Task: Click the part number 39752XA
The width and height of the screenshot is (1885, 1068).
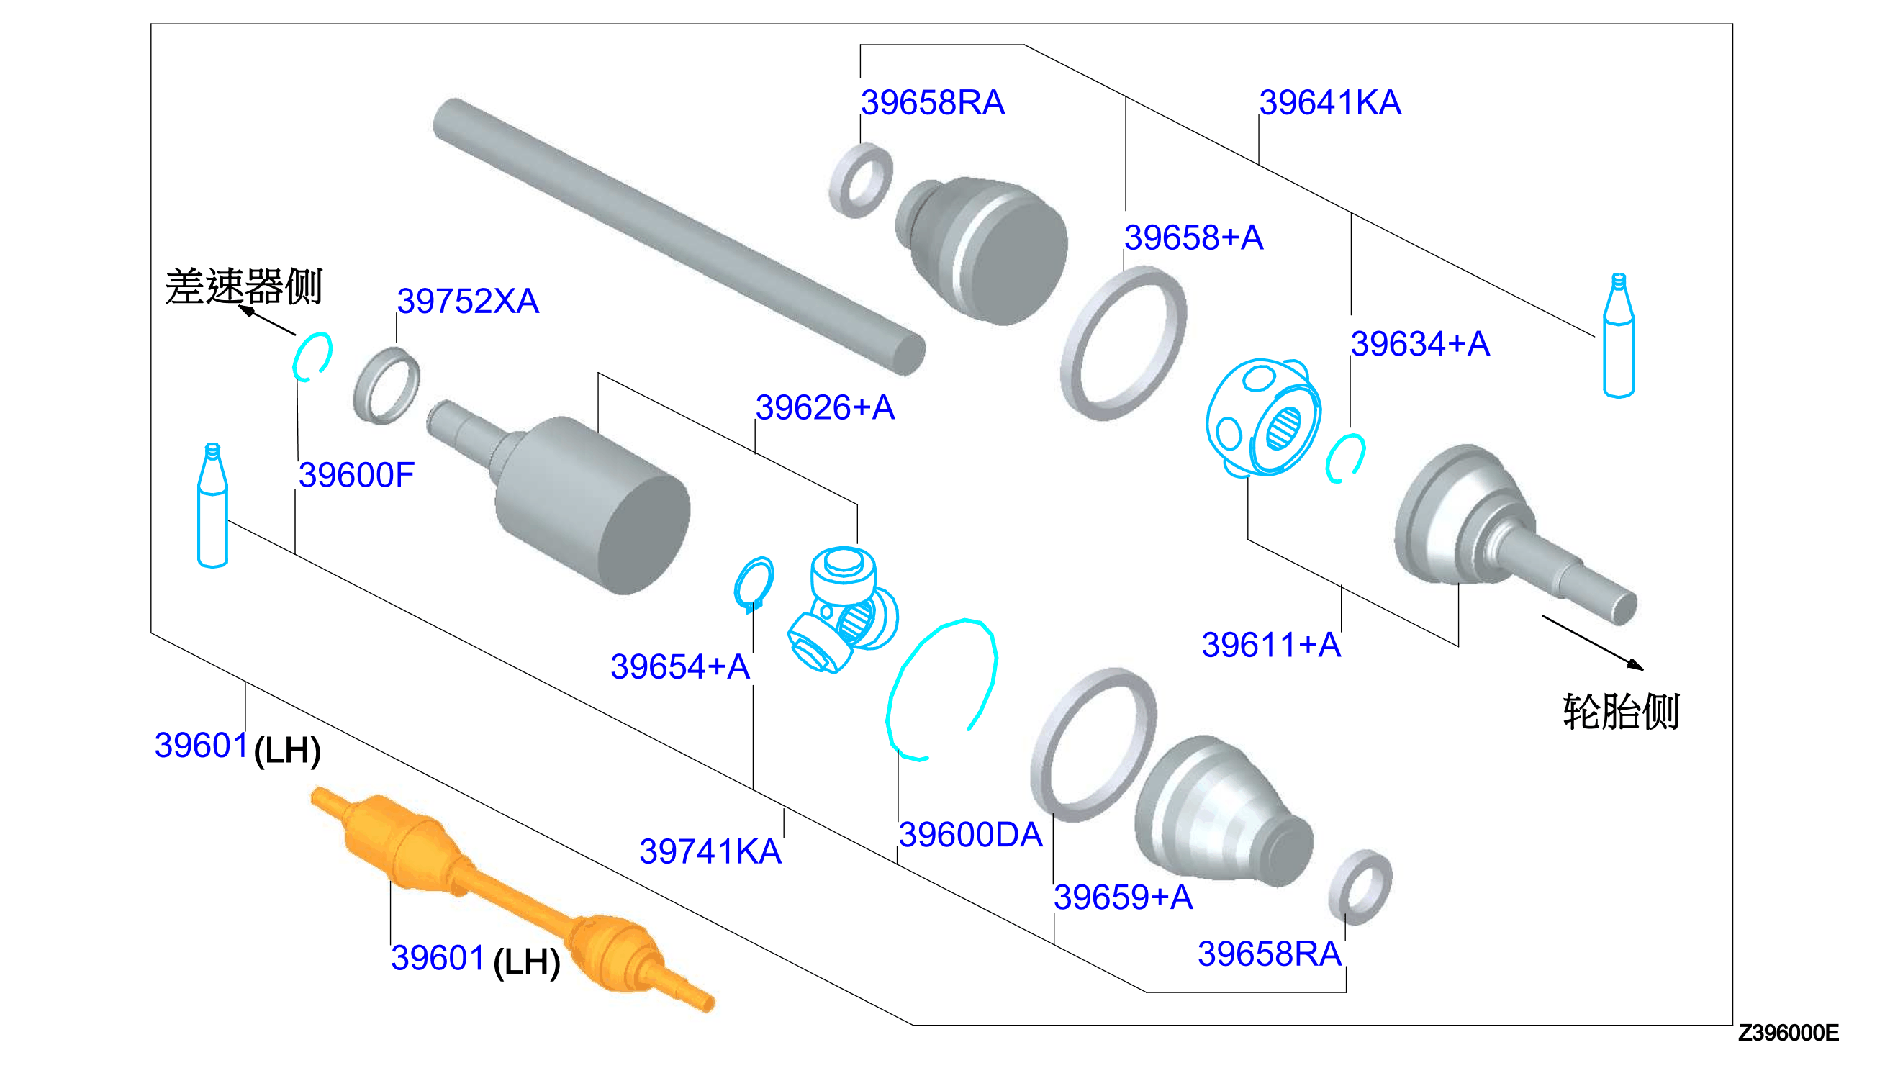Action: (468, 301)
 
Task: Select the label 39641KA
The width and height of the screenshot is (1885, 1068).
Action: (1330, 102)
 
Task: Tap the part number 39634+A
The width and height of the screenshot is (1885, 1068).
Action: (1420, 343)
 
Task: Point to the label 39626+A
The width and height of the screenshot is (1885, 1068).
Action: (825, 407)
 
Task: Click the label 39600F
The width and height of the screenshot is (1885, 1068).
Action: (356, 474)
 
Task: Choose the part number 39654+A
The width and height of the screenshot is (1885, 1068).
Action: (680, 666)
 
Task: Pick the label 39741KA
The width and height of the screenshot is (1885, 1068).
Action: (710, 851)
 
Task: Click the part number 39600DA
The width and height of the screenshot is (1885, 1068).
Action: (970, 835)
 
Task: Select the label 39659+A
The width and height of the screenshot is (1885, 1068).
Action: (1123, 897)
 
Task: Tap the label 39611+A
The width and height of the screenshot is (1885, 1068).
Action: (1271, 645)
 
